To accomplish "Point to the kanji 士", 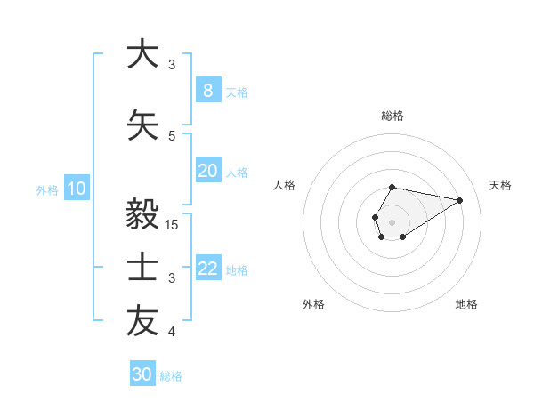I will pyautogui.click(x=142, y=268).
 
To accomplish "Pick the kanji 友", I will pyautogui.click(x=142, y=322).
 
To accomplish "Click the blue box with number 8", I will pyautogui.click(x=207, y=91).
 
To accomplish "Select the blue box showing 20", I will pyautogui.click(x=207, y=171).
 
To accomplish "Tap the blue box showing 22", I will pyautogui.click(x=207, y=269).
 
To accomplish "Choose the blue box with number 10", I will pyautogui.click(x=76, y=189).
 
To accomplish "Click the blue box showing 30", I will pyautogui.click(x=142, y=374).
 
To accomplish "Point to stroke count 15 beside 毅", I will pyautogui.click(x=173, y=225).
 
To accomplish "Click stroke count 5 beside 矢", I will pyautogui.click(x=172, y=136).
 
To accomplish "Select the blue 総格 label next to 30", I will pyautogui.click(x=171, y=376).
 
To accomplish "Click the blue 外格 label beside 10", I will pyautogui.click(x=46, y=189).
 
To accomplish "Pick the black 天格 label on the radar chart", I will pyautogui.click(x=500, y=185).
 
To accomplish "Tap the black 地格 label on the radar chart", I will pyautogui.click(x=466, y=304).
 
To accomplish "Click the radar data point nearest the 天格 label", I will pyautogui.click(x=460, y=199).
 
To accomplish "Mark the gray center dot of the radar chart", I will pyautogui.click(x=392, y=221).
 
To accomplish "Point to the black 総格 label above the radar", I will pyautogui.click(x=392, y=116).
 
